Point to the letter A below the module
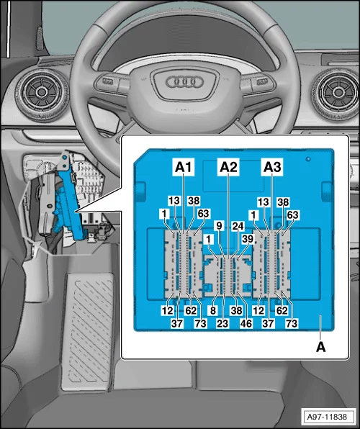coord(321,346)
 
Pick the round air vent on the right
coord(336,93)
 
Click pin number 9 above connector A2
coord(219,225)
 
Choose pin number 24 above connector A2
coord(238,225)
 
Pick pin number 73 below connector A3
coord(291,325)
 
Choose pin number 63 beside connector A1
coord(204,214)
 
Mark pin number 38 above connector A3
coord(283,203)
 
